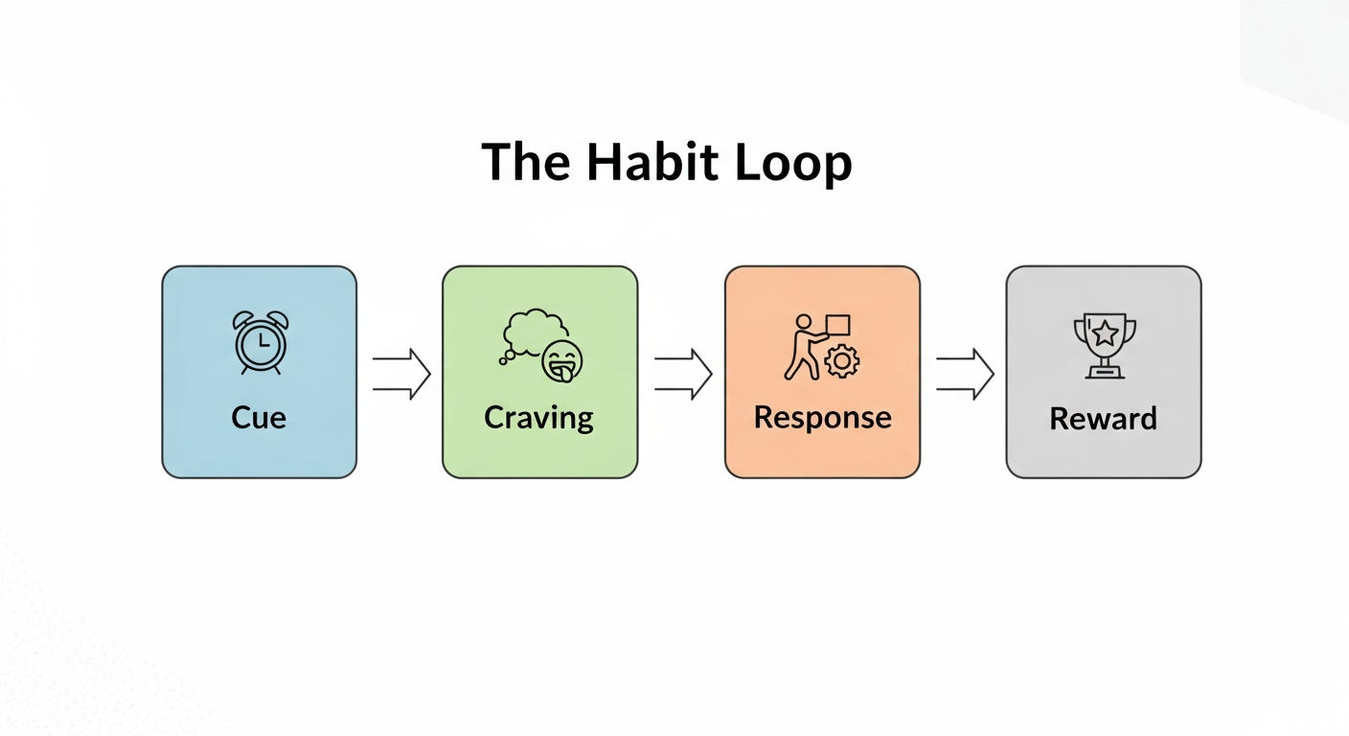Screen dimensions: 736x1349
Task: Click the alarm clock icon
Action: [261, 342]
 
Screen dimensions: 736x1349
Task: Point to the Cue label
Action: [259, 418]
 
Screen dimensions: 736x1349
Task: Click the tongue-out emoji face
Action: [562, 362]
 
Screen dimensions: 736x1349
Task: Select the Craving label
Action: [538, 418]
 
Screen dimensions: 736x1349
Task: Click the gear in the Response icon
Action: [842, 361]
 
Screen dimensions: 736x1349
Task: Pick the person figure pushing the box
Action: [801, 347]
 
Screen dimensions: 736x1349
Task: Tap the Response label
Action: [822, 418]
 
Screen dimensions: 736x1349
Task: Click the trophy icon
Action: [1104, 344]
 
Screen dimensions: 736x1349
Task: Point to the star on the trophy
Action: [1105, 333]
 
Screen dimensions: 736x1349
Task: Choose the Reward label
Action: [1103, 419]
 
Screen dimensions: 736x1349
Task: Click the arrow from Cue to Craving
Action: [400, 373]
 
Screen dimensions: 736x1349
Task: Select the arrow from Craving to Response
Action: [682, 373]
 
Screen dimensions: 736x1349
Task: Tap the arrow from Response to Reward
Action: [964, 373]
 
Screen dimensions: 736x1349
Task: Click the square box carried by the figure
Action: [837, 325]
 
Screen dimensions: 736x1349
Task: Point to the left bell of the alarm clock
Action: [243, 319]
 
